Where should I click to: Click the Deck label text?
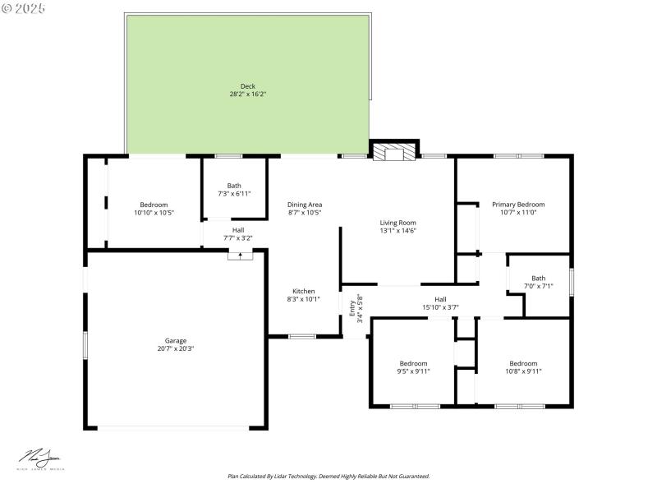pos(247,86)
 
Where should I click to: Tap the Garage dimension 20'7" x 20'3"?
pos(176,348)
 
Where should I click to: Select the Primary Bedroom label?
pos(517,205)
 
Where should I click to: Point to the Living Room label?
pos(397,223)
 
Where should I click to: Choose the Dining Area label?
pos(304,205)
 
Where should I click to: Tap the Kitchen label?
pos(304,291)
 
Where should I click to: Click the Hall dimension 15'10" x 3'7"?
pos(440,307)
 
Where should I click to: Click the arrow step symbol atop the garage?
pos(240,255)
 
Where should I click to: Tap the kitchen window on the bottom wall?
pos(302,335)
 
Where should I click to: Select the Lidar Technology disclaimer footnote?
pos(328,476)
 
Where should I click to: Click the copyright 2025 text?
pos(24,7)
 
